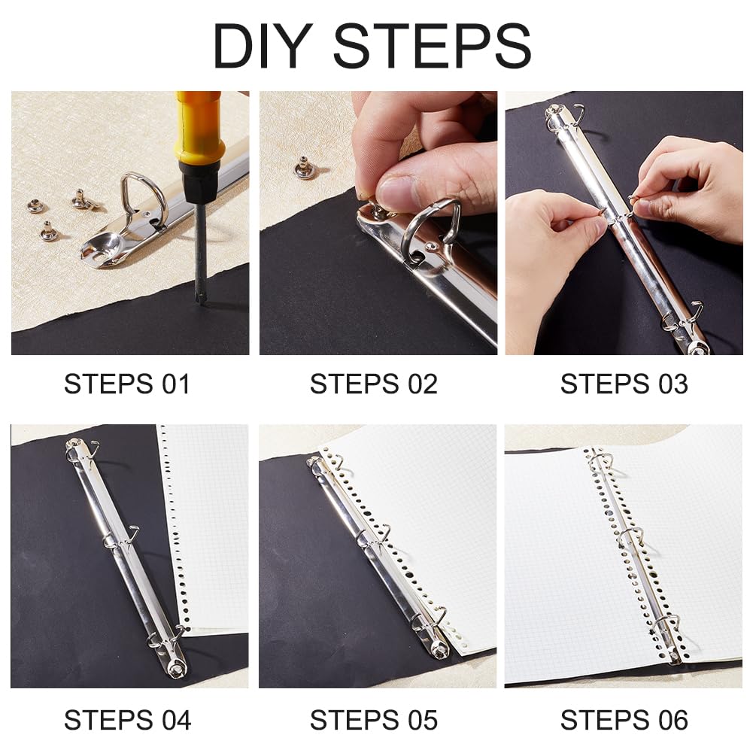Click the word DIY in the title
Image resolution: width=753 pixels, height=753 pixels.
[x=263, y=46]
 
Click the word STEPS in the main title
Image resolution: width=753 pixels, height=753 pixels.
[x=433, y=46]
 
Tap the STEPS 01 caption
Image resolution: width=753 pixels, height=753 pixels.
[x=127, y=384]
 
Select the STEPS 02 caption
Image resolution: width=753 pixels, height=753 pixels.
[x=374, y=384]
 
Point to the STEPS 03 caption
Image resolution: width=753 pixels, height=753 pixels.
[x=624, y=384]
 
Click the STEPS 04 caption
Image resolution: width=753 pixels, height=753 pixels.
[x=127, y=721]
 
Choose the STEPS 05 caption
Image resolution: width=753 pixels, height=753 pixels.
[x=374, y=721]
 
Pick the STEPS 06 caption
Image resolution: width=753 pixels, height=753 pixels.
[x=624, y=721]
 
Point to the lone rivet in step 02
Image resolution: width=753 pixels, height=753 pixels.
[x=303, y=167]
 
